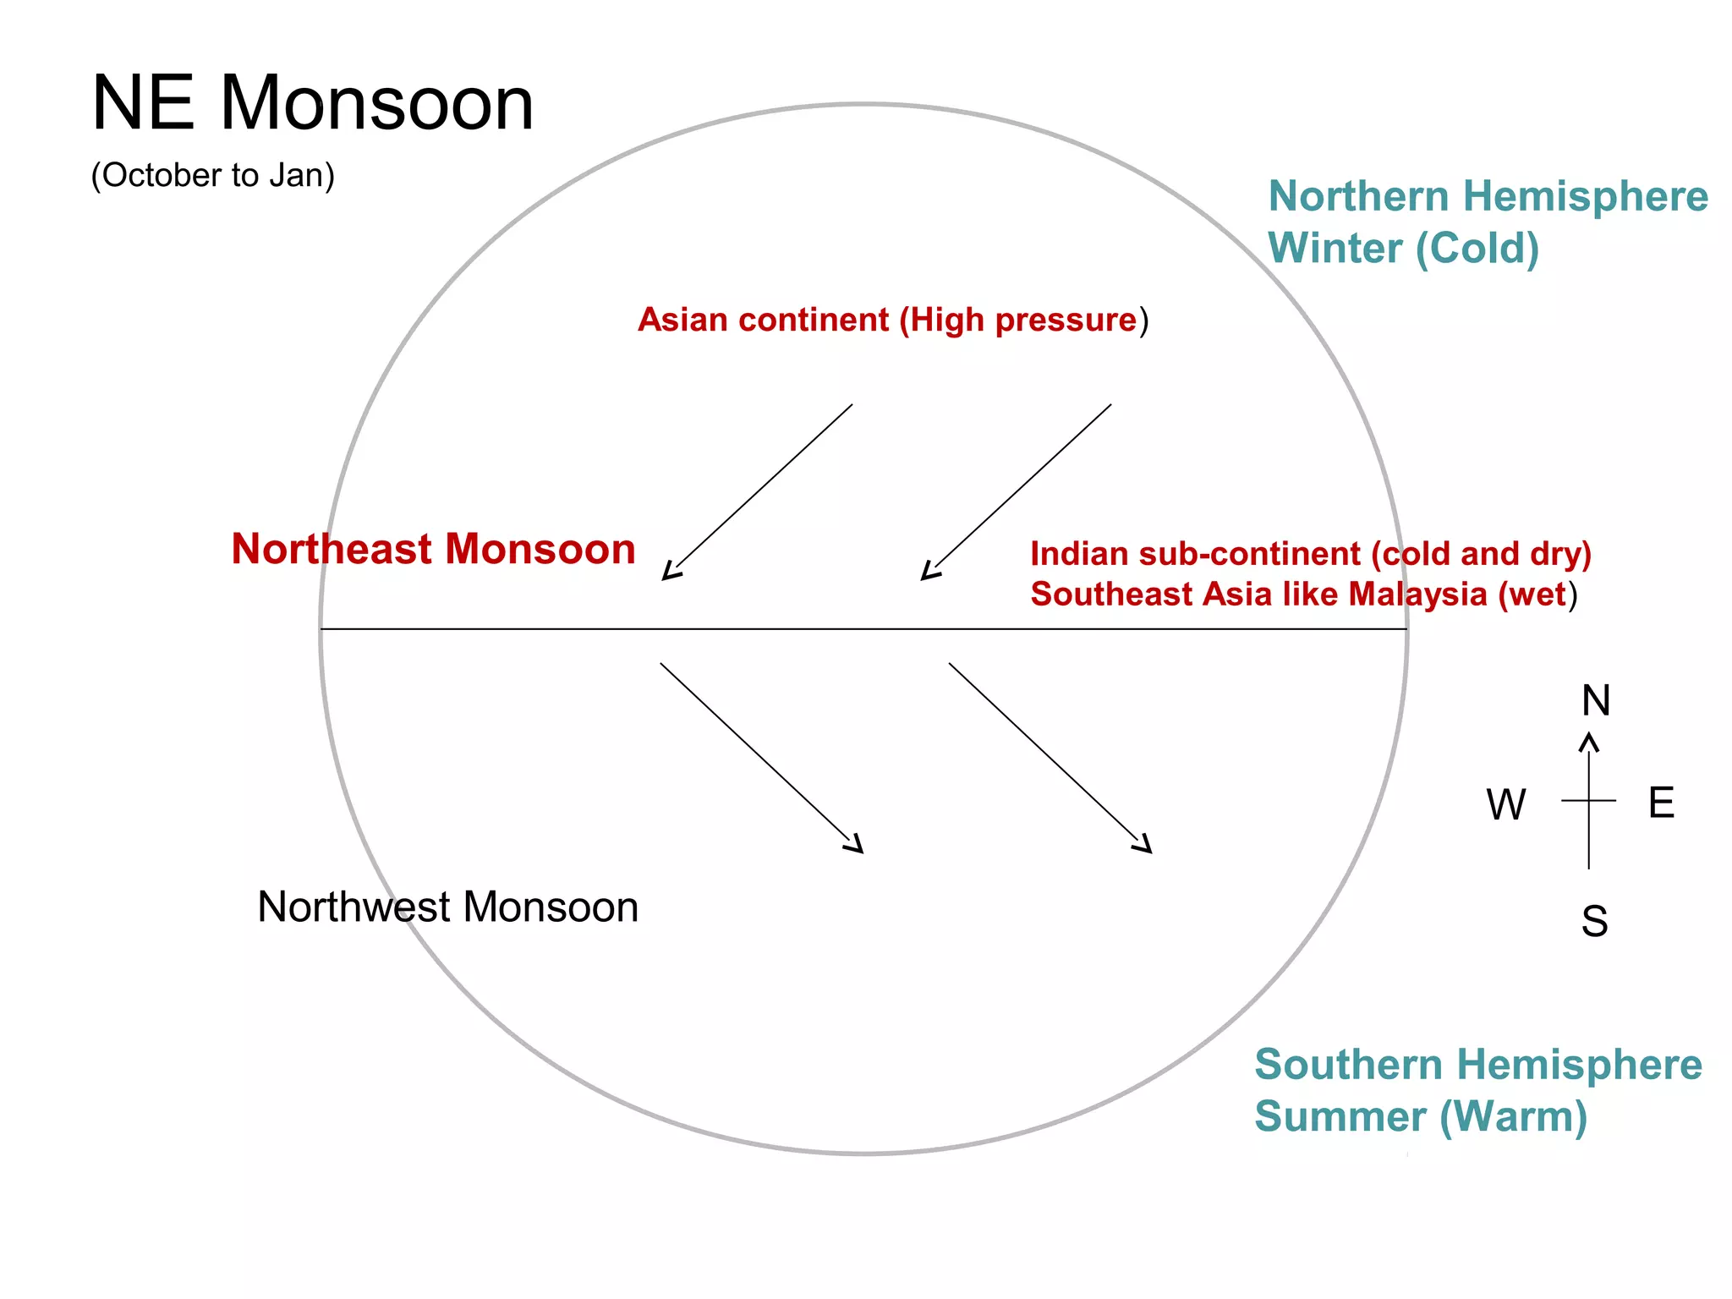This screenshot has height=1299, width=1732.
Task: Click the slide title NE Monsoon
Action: coord(312,103)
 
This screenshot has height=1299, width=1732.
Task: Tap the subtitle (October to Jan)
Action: coord(212,175)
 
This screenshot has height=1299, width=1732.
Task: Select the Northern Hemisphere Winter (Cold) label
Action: coord(1487,222)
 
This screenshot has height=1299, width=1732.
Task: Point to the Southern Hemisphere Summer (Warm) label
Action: coord(1477,1090)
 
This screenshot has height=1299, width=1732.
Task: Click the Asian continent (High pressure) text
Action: coord(892,320)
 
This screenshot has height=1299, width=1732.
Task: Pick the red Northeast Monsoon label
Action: coord(433,549)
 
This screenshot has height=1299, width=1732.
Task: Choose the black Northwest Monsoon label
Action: coord(447,907)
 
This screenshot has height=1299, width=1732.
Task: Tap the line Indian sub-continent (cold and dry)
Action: coord(1310,554)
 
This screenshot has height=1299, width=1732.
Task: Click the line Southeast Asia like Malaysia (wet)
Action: coord(1303,595)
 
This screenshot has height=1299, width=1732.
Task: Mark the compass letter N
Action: coord(1596,700)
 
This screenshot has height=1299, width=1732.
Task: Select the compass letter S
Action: coord(1594,921)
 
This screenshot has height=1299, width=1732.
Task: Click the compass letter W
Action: coord(1506,804)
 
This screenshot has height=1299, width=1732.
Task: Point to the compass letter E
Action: coord(1661,802)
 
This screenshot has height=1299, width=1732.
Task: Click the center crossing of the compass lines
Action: coord(1589,800)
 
